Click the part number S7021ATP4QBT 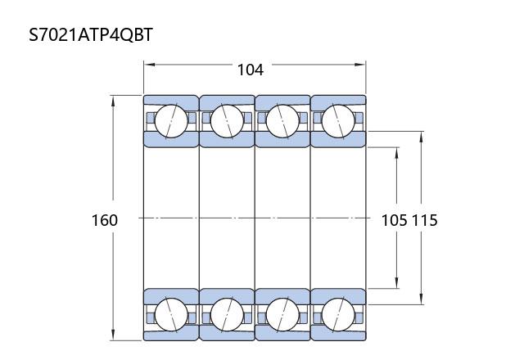pyautogui.click(x=91, y=34)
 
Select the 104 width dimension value pyautogui.click(x=251, y=70)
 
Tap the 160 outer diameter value pyautogui.click(x=105, y=220)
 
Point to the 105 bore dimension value pyautogui.click(x=395, y=220)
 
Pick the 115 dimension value pyautogui.click(x=424, y=220)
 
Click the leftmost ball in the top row pyautogui.click(x=171, y=121)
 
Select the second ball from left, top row pyautogui.click(x=227, y=121)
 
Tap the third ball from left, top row pyautogui.click(x=282, y=121)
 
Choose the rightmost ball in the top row pyautogui.click(x=338, y=121)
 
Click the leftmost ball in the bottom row pyautogui.click(x=171, y=314)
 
